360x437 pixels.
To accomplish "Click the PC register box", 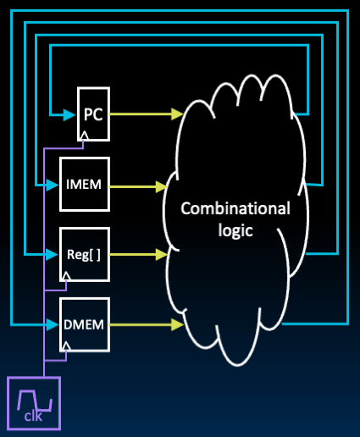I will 93,113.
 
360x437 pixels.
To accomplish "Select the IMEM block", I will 85,184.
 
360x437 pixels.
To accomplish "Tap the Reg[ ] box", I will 85,253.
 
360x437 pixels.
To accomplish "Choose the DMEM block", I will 85,324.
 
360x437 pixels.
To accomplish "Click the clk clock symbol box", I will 34,402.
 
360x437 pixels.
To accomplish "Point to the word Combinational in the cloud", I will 235,208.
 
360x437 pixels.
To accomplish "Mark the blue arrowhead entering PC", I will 70,113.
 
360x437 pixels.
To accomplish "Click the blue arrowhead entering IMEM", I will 53,184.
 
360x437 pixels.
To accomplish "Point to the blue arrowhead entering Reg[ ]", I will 53,253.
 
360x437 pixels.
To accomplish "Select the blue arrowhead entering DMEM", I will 53,324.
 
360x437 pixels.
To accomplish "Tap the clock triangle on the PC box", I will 85,135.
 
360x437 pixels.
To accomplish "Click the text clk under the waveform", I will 33,417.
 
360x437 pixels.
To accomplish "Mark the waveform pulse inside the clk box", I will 34,396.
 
